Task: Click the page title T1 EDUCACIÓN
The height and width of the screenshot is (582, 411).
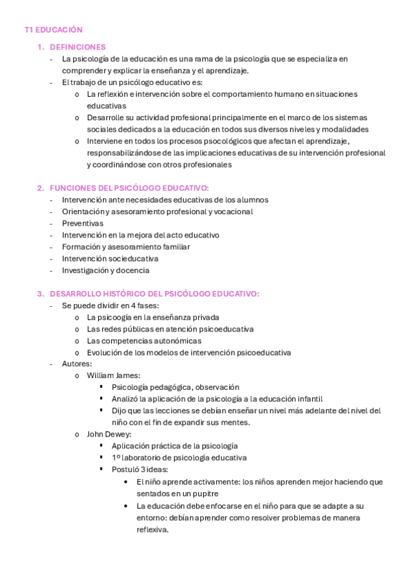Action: pos(53,30)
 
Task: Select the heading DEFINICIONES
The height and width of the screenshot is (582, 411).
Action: pos(78,47)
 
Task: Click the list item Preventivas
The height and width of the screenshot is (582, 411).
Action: pos(82,223)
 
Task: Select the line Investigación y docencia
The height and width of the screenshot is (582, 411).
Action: pos(105,270)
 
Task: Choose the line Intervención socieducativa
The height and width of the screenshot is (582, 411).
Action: pos(110,259)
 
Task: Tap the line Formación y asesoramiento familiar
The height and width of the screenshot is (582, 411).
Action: pos(126,246)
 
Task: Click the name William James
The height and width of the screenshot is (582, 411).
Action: pos(113,375)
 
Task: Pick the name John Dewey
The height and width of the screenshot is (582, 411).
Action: pos(109,434)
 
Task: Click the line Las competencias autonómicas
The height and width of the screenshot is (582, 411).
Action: pos(144,340)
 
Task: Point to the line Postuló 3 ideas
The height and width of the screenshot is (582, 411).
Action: pos(139,469)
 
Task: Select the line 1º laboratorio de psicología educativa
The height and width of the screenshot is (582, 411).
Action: pos(179,457)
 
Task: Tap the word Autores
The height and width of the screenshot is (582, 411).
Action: pos(76,364)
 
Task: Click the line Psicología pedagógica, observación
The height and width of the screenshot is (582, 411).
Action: pos(175,387)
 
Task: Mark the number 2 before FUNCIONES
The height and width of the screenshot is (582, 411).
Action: pos(40,187)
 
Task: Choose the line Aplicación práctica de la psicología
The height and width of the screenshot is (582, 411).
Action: pos(174,445)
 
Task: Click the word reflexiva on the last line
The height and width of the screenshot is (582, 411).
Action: pos(152,529)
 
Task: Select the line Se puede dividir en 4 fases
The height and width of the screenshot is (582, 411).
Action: pos(110,305)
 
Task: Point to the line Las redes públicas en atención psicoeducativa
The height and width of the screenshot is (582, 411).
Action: pos(169,329)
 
